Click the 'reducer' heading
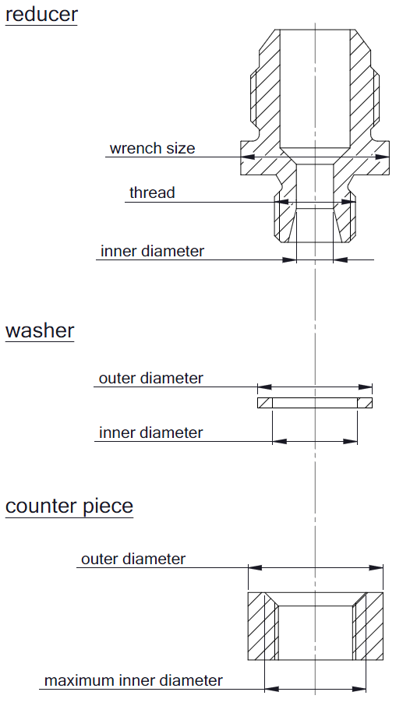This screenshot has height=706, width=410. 41,14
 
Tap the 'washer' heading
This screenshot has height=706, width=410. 40,330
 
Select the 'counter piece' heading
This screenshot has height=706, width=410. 69,507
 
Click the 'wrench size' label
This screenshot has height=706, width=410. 152,148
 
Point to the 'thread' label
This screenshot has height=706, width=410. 152,192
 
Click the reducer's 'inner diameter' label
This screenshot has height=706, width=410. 152,251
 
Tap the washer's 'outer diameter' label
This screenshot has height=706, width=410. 151,378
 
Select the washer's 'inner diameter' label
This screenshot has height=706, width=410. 151,432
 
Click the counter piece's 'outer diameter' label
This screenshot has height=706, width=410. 133,559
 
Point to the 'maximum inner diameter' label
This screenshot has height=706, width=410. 133,680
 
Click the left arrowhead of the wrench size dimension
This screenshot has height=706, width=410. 248,157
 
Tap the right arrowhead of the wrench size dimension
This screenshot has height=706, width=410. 382,157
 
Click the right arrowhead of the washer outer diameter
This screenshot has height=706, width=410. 366,387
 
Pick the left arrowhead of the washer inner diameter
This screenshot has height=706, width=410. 280,442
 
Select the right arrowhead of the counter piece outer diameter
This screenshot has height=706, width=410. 376,568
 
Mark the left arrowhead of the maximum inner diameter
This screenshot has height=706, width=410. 272,690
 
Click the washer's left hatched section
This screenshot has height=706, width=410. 265,403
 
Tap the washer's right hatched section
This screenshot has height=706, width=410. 365,403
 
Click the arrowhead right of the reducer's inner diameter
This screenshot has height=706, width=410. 341,259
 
